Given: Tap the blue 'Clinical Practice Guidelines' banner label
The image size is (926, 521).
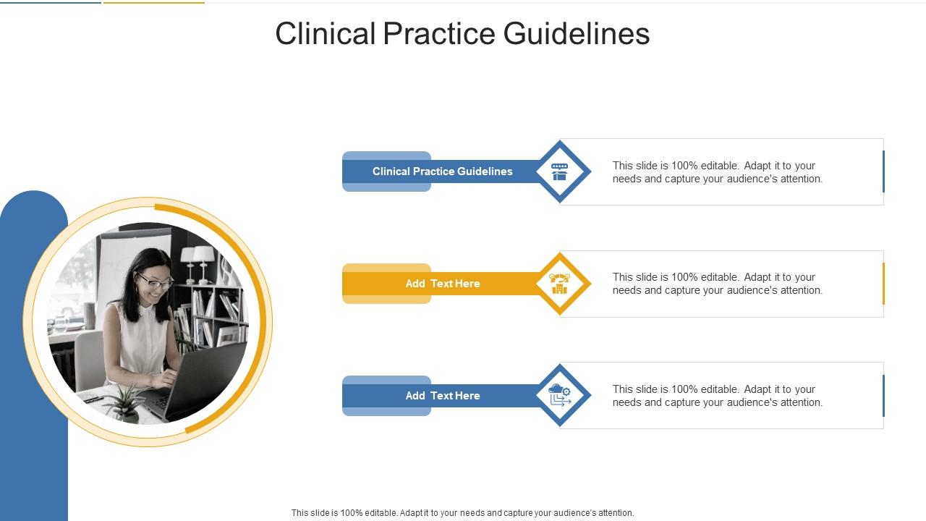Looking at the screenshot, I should click(x=442, y=171).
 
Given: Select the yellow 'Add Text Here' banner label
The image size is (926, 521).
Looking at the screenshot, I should click(x=442, y=284).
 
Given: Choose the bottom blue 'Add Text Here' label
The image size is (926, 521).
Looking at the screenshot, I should click(x=442, y=396).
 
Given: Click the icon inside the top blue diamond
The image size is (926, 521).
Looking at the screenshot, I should click(x=560, y=171).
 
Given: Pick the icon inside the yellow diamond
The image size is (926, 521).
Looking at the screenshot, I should click(x=560, y=284).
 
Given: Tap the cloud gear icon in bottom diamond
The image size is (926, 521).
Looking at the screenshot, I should click(x=560, y=395).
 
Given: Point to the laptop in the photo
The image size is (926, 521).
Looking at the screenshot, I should click(x=199, y=380).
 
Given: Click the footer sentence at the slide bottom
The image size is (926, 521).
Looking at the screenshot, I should click(x=462, y=512).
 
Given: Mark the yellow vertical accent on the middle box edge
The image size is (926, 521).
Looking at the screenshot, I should click(x=883, y=284).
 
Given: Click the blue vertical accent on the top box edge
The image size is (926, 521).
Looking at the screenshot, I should click(x=883, y=171).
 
